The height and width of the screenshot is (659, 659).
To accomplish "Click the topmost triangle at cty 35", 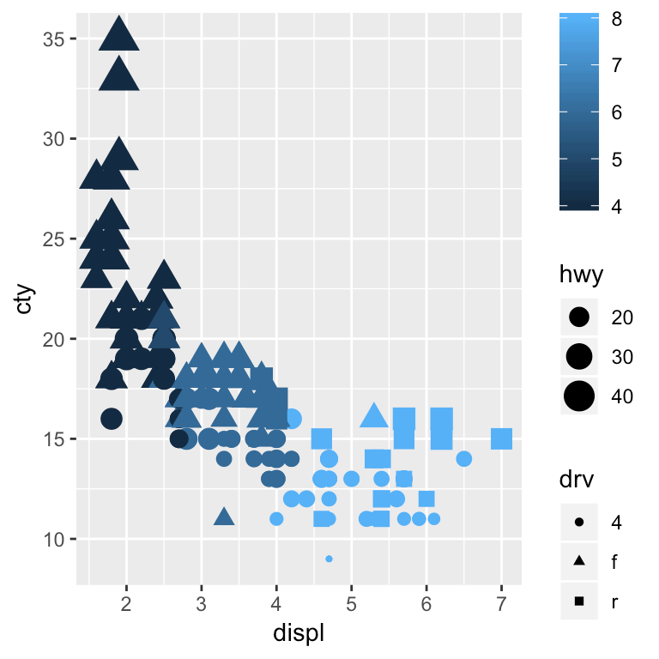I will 119,37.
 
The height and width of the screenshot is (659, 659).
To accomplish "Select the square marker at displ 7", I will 501,438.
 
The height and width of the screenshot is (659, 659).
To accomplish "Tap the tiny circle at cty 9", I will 329,559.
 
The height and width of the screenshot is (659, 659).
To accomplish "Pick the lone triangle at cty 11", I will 224,517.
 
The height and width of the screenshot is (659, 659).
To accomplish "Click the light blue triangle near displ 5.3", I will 373,416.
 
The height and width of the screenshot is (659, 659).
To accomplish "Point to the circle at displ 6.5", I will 464,458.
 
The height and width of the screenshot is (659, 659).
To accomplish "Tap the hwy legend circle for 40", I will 579,396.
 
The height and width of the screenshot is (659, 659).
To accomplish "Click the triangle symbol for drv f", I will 579,561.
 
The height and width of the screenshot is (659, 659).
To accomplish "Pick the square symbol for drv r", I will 579,602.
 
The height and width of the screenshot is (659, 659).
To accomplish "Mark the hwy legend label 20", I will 621,317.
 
